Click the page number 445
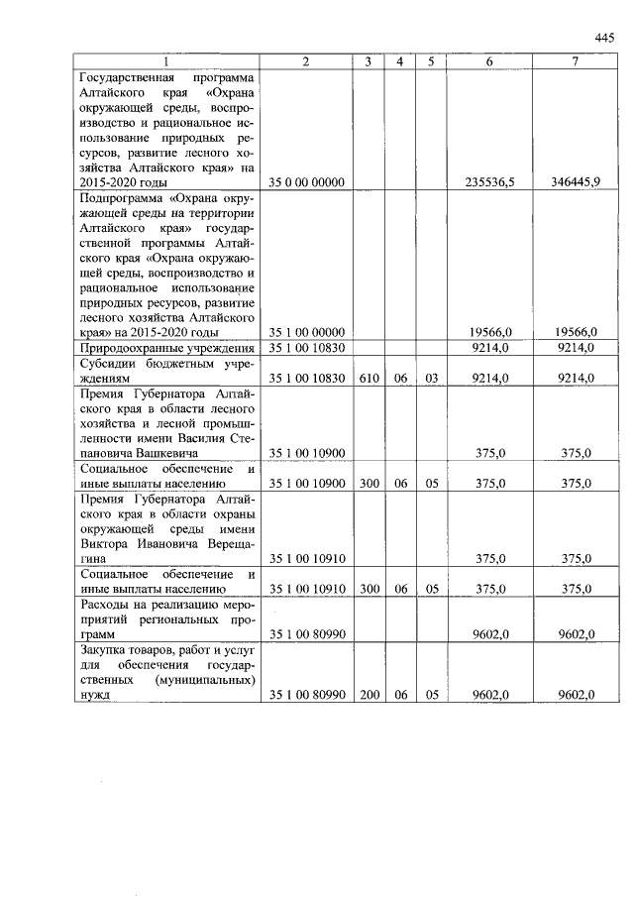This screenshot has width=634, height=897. pos(605,38)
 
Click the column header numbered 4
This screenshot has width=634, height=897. pos(399,61)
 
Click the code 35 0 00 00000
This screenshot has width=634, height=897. pos(306,182)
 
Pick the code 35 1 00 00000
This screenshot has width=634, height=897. pos(306,332)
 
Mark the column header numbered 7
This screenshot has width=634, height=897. pos(575,61)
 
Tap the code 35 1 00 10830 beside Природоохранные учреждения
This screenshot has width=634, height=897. pos(306,348)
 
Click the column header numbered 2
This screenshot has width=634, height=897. pos(306,61)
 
